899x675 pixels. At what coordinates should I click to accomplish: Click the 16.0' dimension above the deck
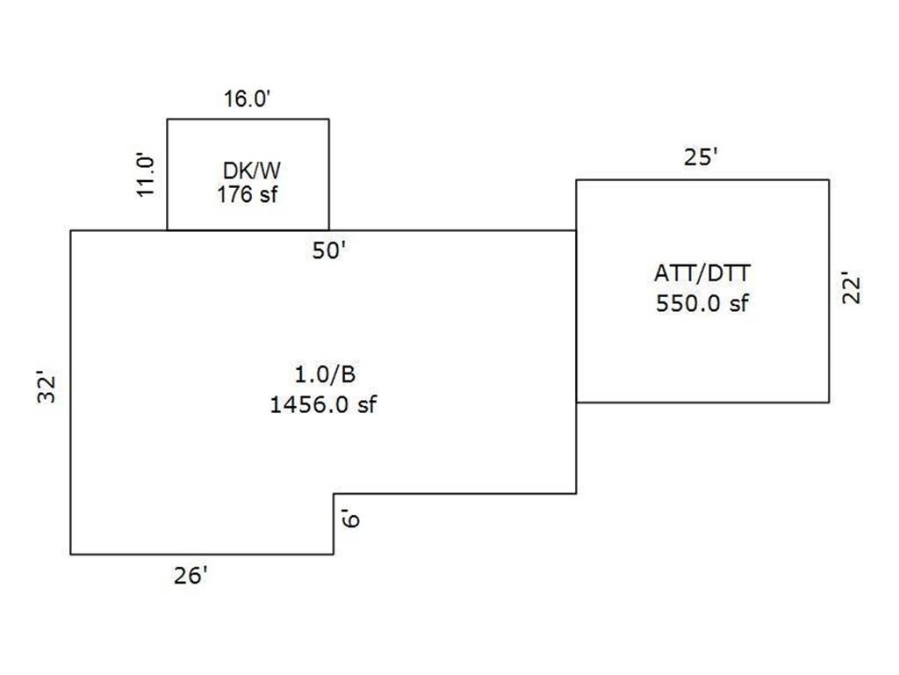click(x=248, y=98)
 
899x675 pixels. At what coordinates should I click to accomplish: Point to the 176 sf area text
click(x=248, y=193)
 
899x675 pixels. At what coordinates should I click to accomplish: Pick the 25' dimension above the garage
click(x=701, y=159)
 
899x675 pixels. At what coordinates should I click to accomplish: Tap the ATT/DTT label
click(x=702, y=274)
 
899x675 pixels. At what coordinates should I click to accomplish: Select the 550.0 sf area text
click(x=702, y=304)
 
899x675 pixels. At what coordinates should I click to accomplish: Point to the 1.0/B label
click(x=325, y=375)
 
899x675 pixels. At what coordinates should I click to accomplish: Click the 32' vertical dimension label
click(x=47, y=388)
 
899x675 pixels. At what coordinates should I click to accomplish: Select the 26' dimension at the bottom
click(x=191, y=577)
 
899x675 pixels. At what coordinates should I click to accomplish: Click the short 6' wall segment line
click(x=334, y=524)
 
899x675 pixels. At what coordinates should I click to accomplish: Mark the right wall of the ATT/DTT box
click(x=829, y=291)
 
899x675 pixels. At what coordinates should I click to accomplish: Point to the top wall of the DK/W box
click(x=248, y=119)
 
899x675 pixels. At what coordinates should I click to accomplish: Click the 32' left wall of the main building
click(x=70, y=392)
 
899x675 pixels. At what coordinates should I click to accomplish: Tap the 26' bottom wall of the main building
click(x=202, y=555)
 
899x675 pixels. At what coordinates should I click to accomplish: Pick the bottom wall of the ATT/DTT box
click(x=702, y=403)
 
